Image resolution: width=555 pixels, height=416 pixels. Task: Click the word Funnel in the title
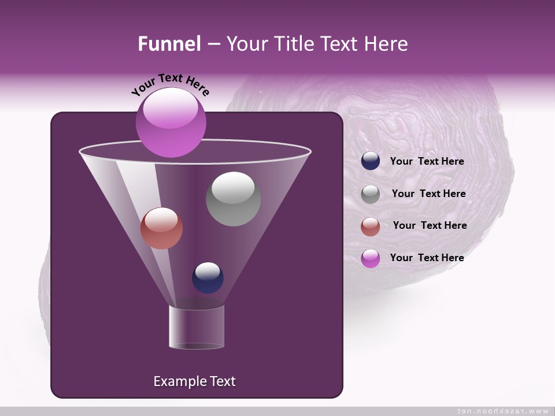pyautogui.click(x=169, y=44)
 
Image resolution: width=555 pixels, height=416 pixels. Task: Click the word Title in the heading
pyautogui.click(x=293, y=44)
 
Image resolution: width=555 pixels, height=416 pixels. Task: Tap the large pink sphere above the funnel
pyautogui.click(x=171, y=122)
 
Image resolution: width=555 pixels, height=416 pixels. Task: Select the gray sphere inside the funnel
pyautogui.click(x=233, y=199)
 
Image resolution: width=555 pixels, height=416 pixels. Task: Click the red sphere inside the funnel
pyautogui.click(x=161, y=228)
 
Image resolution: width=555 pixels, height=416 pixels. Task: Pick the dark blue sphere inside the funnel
pyautogui.click(x=208, y=277)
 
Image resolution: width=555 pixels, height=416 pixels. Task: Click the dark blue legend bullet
pyautogui.click(x=371, y=161)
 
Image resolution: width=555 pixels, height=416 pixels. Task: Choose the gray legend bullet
pyautogui.click(x=371, y=194)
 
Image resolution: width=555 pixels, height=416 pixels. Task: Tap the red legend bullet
pyautogui.click(x=371, y=226)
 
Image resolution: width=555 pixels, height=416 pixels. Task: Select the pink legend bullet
pyautogui.click(x=371, y=258)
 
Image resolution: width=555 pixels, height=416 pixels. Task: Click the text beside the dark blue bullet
pyautogui.click(x=427, y=162)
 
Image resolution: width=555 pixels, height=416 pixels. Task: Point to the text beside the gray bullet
pyautogui.click(x=428, y=194)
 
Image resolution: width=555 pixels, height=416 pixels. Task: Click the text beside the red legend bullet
pyautogui.click(x=430, y=225)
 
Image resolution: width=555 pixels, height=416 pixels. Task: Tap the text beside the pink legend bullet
pyautogui.click(x=427, y=258)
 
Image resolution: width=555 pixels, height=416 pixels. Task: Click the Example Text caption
pyautogui.click(x=194, y=381)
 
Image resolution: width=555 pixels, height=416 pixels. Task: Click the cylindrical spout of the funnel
pyautogui.click(x=196, y=327)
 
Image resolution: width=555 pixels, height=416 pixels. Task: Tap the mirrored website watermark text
pyautogui.click(x=502, y=411)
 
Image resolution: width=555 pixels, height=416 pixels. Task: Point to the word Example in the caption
pyautogui.click(x=175, y=381)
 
